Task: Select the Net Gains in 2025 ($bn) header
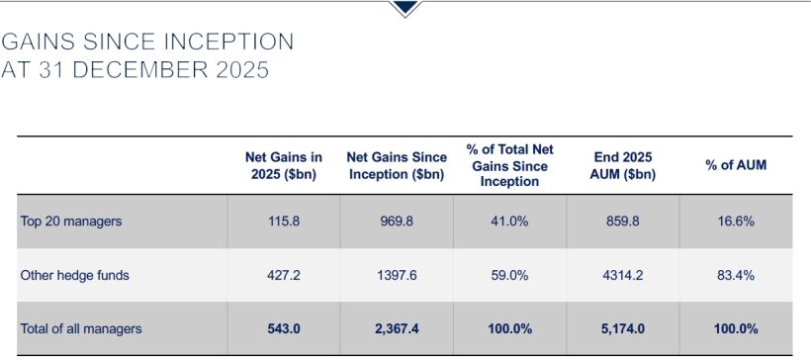click(284, 165)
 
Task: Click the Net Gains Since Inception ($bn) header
click(397, 165)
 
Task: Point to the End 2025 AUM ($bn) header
click(623, 165)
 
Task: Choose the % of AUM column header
click(736, 165)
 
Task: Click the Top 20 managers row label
click(70, 222)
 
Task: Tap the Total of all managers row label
click(81, 328)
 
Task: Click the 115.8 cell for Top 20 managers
click(284, 222)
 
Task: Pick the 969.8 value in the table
click(397, 222)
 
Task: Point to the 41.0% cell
click(509, 222)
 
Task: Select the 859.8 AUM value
click(623, 222)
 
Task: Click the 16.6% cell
click(736, 222)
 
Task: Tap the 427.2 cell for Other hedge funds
click(284, 276)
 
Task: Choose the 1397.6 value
click(397, 276)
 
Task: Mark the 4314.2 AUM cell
click(623, 276)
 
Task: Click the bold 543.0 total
click(284, 328)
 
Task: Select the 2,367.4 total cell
click(397, 328)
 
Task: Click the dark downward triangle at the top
click(405, 8)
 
